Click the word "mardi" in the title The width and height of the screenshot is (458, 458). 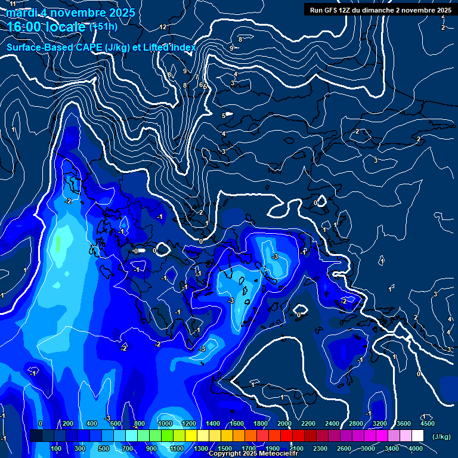(21, 13)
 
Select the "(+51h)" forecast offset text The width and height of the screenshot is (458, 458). (103, 26)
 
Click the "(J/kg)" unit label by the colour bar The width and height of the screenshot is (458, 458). (441, 437)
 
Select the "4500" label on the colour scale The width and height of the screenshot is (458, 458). (426, 423)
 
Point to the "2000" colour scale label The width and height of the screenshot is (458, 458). (284, 423)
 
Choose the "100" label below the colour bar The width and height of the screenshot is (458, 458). (57, 448)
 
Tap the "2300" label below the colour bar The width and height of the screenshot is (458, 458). (320, 448)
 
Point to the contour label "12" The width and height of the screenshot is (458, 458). (163, 27)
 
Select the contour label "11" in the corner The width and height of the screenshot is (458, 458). (13, 4)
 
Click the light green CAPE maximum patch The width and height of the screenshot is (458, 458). (58, 245)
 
